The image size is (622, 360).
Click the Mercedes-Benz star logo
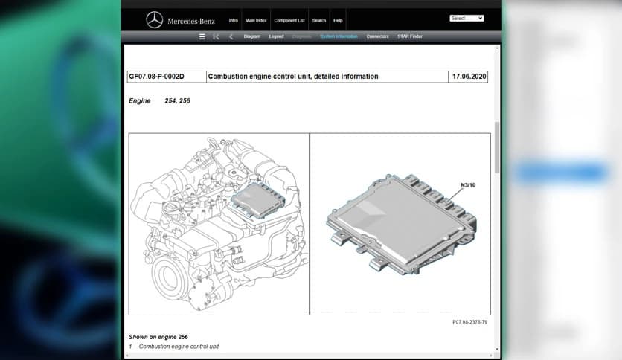(154, 20)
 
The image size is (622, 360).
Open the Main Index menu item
(255, 20)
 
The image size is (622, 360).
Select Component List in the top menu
(289, 20)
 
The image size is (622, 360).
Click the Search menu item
(319, 20)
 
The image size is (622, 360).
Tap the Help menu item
(338, 20)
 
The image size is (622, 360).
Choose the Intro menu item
(234, 20)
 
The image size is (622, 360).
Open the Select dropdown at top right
(467, 18)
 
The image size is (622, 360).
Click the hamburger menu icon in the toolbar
(202, 36)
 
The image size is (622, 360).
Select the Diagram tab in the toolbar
(252, 36)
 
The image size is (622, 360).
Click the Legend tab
(275, 36)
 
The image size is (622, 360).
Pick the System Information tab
(339, 36)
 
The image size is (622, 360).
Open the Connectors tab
(377, 36)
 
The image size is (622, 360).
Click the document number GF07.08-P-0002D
(156, 77)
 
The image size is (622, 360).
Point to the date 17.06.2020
(469, 77)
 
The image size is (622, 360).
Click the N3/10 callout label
(469, 184)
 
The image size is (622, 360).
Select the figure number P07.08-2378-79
(469, 322)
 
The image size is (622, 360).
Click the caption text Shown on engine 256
(158, 337)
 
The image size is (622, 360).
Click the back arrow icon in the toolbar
(231, 36)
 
